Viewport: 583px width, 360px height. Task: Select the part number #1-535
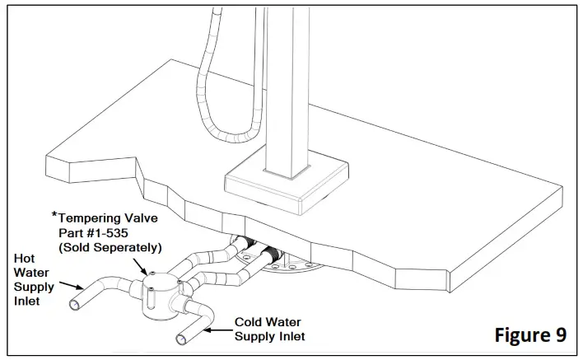point(124,232)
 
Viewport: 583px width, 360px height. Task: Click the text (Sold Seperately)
point(111,247)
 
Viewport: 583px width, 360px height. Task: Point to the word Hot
point(24,258)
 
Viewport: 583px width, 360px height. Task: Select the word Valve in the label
point(144,217)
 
